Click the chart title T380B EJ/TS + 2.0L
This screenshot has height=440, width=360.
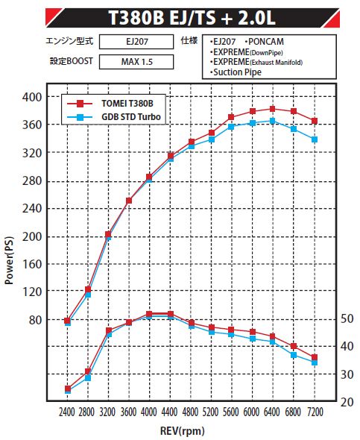click(192, 18)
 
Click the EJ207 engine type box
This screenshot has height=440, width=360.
click(136, 42)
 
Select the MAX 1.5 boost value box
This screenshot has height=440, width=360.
click(136, 62)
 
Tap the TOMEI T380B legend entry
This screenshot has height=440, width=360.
click(110, 104)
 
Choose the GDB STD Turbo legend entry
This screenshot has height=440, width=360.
click(114, 117)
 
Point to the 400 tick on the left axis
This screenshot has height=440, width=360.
click(32, 97)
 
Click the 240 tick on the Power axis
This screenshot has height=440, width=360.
click(32, 209)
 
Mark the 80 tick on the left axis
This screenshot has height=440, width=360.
click(35, 320)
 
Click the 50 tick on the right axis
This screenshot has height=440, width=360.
click(347, 318)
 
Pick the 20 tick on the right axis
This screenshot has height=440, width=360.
click(347, 402)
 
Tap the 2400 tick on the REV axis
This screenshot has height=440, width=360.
click(67, 412)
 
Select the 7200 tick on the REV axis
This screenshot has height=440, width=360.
click(315, 412)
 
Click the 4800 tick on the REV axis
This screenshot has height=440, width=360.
click(190, 412)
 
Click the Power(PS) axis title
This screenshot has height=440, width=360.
click(9, 260)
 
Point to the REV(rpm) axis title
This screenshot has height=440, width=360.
click(183, 431)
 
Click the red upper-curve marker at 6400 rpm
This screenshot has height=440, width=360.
click(273, 109)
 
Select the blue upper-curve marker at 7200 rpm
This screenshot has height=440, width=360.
click(315, 139)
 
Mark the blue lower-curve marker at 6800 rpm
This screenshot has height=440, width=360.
click(294, 355)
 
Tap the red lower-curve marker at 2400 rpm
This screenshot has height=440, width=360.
click(68, 389)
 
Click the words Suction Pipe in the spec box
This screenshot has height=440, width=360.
click(237, 72)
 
